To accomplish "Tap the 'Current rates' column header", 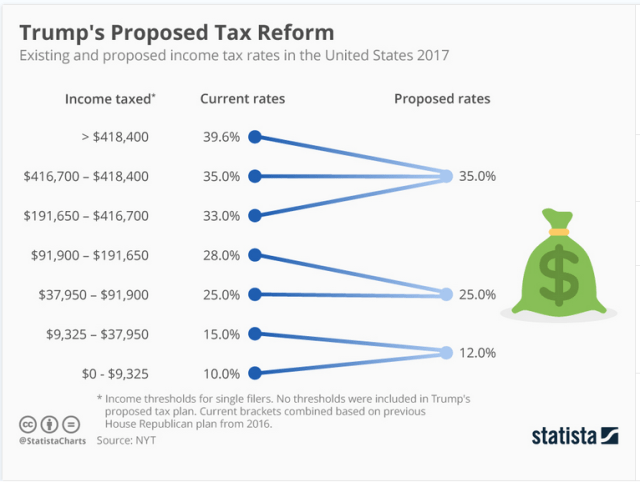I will coord(242,99).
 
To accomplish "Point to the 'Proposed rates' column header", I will coord(442,99).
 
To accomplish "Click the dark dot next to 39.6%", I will coord(255,137).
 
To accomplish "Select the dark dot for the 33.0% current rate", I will coord(255,215).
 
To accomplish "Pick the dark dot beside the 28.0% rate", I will coord(255,255).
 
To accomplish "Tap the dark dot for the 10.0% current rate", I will coord(255,373).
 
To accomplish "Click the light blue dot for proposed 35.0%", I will coord(446,176).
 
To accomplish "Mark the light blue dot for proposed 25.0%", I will coord(446,294).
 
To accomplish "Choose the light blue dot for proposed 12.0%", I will coord(446,352).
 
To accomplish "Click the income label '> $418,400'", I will coord(114,137).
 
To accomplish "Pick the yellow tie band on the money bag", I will coord(557,232).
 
